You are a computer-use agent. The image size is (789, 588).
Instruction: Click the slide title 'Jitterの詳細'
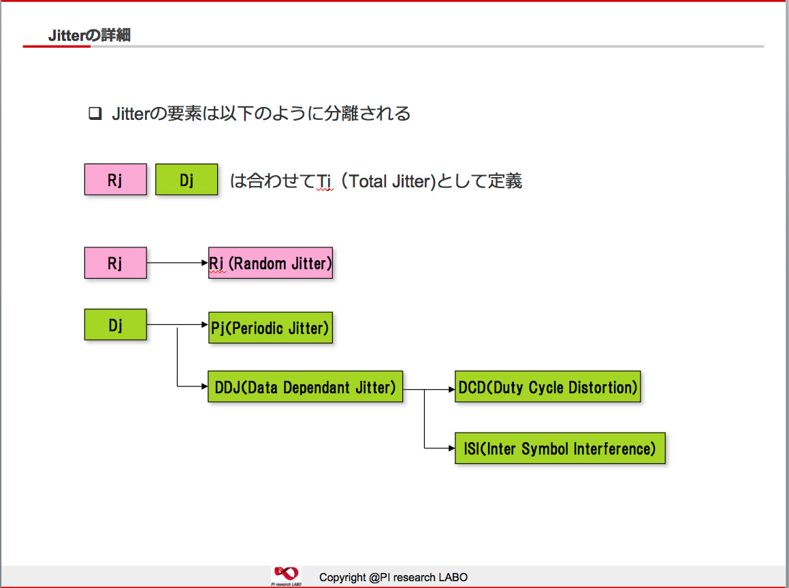click(x=90, y=35)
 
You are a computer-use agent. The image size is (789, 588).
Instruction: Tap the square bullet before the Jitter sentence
click(x=95, y=113)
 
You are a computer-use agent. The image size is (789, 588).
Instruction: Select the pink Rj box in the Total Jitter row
click(x=116, y=179)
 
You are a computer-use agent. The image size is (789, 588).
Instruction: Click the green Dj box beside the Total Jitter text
click(x=187, y=179)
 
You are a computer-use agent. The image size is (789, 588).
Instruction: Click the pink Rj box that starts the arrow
click(x=116, y=263)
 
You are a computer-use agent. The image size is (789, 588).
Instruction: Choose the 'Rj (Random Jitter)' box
click(x=271, y=263)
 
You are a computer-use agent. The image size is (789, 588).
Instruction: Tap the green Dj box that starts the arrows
click(x=116, y=325)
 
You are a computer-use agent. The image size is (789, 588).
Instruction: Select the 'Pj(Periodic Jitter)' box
click(x=271, y=328)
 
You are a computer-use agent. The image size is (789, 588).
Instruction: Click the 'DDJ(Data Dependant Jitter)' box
click(x=306, y=386)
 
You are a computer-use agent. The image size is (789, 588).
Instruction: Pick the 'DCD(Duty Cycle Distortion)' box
click(x=548, y=386)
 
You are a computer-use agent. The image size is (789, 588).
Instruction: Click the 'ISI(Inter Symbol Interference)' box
click(x=560, y=448)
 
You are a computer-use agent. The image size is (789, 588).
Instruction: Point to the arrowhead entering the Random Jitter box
click(x=205, y=263)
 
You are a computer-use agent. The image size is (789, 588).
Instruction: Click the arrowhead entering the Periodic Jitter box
click(x=205, y=325)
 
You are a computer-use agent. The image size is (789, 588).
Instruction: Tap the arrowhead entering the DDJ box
click(x=204, y=386)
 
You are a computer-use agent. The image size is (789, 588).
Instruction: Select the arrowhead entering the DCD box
click(x=451, y=389)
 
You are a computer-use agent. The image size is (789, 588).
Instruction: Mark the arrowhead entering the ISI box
click(x=451, y=448)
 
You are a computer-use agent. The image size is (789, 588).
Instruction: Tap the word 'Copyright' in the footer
click(x=342, y=577)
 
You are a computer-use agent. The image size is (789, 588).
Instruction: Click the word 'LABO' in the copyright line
click(x=453, y=577)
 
